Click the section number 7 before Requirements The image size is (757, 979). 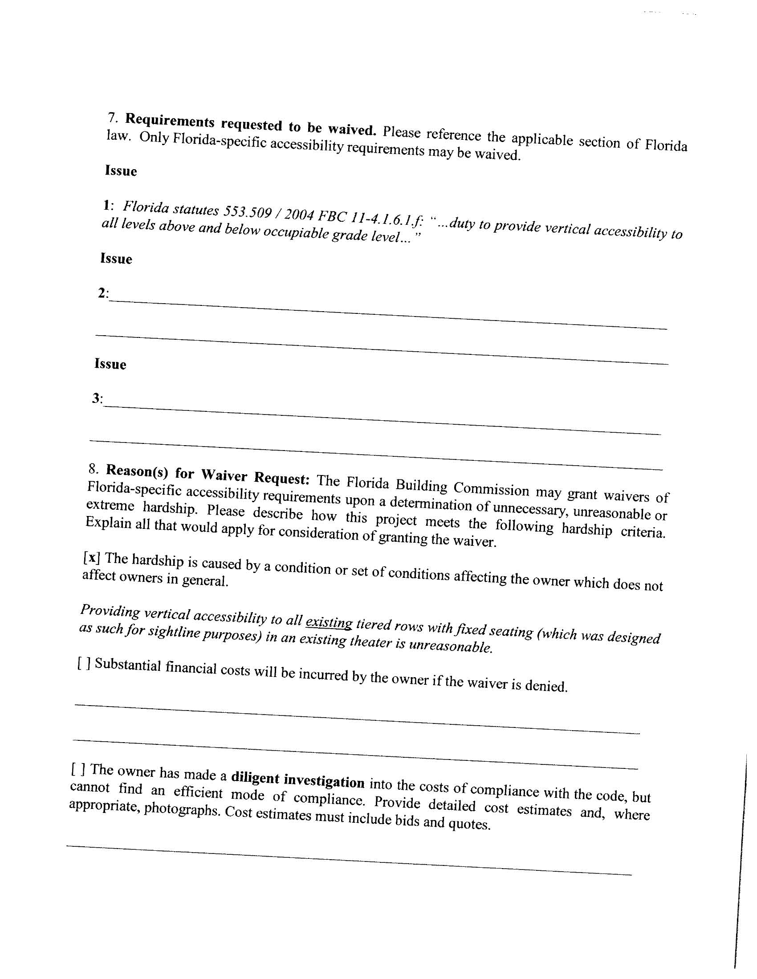click(x=112, y=117)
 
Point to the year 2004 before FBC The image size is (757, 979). click(x=300, y=215)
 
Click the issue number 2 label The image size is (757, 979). click(x=103, y=293)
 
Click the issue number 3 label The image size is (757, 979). click(x=97, y=398)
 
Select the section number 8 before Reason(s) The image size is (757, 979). click(x=93, y=469)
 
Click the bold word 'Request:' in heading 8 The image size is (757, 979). click(x=281, y=478)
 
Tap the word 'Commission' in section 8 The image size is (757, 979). click(x=491, y=489)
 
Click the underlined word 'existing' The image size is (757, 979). click(x=329, y=623)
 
